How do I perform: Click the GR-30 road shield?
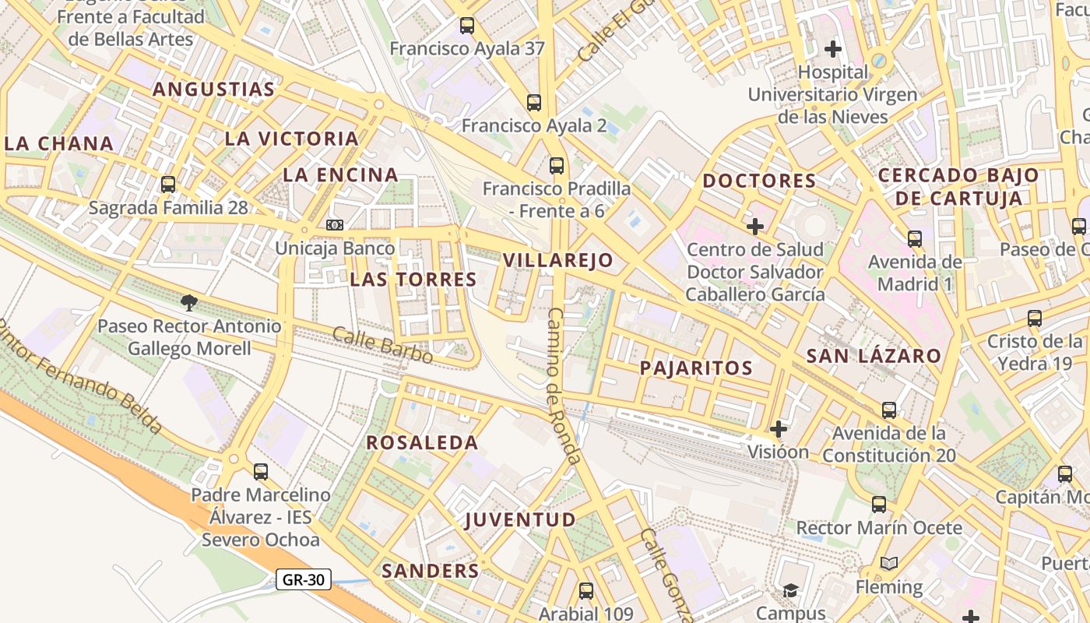pos(304,579)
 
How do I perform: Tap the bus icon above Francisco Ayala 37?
pos(466,26)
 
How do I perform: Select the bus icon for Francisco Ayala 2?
pos(533,103)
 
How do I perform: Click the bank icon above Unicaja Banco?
pos(335,225)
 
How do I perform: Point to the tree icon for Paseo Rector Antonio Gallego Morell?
pos(188,302)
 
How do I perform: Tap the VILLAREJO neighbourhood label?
pos(557,260)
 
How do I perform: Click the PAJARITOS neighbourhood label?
pos(696,368)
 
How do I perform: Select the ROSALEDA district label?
pos(422,443)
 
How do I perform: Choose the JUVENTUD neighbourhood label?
pos(520,520)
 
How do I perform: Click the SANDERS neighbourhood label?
pos(430,571)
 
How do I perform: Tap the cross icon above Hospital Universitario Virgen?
pos(833,49)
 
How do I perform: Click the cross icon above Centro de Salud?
pos(754,227)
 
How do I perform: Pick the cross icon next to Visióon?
pos(778,428)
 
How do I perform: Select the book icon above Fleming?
pos(888,563)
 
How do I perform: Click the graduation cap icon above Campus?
pos(790,590)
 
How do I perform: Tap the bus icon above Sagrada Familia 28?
pos(168,185)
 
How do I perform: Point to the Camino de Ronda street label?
pos(564,385)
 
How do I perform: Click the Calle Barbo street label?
pos(382,345)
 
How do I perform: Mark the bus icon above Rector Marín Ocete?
pos(879,505)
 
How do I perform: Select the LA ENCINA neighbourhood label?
pos(340,175)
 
